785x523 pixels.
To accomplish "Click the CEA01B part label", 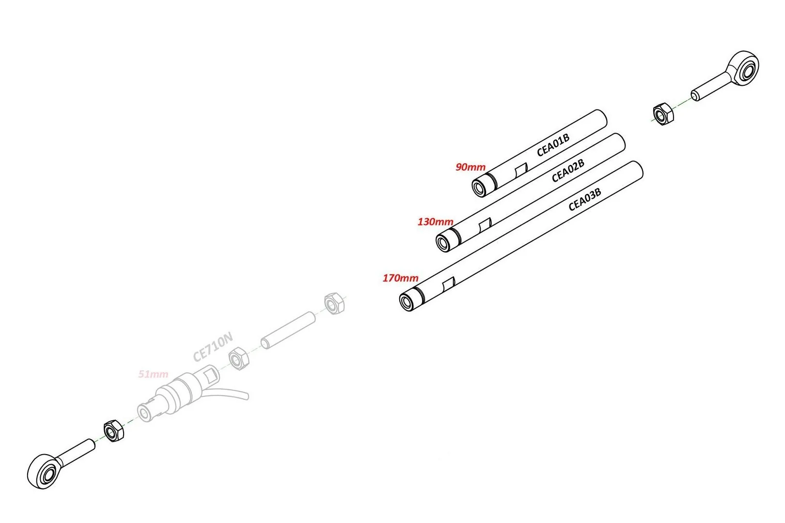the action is (x=553, y=144).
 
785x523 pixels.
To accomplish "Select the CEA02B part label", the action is (x=568, y=171).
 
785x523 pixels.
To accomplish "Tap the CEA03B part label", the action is (x=584, y=199).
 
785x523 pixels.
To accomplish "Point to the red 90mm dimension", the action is (x=471, y=167).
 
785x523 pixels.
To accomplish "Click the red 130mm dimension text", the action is (x=435, y=222).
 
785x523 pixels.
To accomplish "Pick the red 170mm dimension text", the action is (x=400, y=278).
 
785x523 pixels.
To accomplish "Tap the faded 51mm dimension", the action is (x=153, y=374).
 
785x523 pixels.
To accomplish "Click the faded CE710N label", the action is (x=213, y=347).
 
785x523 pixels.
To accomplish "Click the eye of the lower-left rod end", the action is (x=43, y=472).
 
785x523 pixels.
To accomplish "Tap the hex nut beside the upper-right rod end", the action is (x=663, y=114).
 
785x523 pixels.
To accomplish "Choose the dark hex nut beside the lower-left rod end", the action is (x=113, y=430).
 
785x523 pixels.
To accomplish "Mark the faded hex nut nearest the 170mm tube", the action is (x=334, y=303).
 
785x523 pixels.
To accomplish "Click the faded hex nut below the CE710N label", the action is (x=239, y=359).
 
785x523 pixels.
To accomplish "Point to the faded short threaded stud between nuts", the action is (x=288, y=330).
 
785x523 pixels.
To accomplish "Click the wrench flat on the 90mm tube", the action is (x=521, y=170).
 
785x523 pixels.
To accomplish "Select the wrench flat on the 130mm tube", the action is (x=485, y=225).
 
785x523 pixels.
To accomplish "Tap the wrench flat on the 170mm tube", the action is (x=449, y=284).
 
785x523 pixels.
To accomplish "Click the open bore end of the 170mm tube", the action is (x=407, y=302).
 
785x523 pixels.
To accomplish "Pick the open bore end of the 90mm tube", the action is (x=479, y=188).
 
